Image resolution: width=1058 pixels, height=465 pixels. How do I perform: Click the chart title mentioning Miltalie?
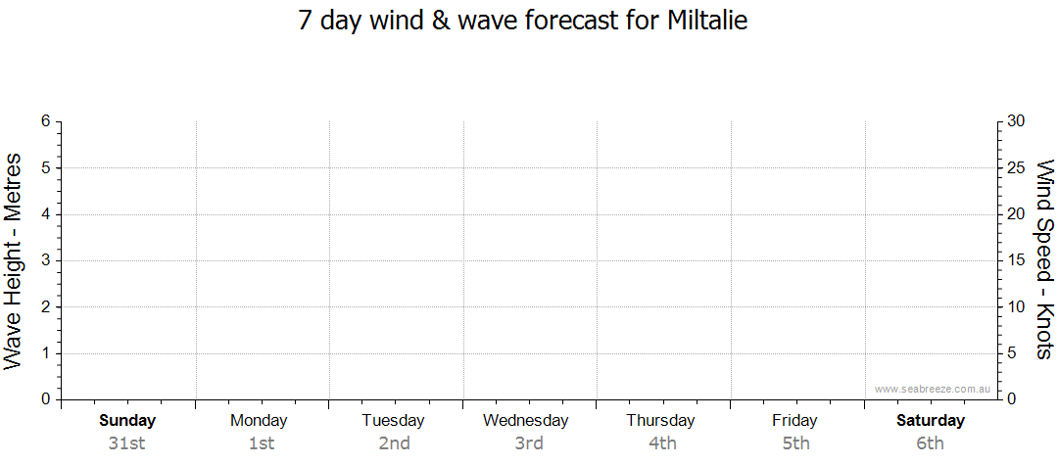(x=523, y=22)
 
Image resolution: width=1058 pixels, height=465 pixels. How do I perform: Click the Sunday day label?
(x=127, y=421)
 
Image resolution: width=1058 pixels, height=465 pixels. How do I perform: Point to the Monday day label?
(x=259, y=421)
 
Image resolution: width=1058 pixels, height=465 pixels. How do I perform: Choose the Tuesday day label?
(x=393, y=421)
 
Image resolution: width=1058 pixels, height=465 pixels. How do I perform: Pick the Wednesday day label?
(x=526, y=421)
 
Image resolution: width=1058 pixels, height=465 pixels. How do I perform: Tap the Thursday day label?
(x=660, y=421)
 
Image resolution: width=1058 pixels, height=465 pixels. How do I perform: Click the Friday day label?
(x=794, y=421)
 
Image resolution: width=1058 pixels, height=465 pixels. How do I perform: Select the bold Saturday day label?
(x=931, y=421)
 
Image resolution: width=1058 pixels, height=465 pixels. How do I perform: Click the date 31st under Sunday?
(x=126, y=443)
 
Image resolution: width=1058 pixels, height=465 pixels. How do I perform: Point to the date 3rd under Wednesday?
(x=529, y=443)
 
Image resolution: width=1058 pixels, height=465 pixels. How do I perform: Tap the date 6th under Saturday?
(x=931, y=443)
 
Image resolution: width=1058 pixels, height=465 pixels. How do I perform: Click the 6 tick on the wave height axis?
(x=46, y=121)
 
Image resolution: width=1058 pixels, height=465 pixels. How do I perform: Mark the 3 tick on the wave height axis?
(x=46, y=260)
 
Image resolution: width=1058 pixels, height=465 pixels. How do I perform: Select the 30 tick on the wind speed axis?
(x=1016, y=121)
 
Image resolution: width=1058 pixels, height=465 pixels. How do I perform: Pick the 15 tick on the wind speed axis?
(x=1016, y=260)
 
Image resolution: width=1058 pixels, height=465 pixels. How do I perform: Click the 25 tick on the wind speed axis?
(x=1016, y=167)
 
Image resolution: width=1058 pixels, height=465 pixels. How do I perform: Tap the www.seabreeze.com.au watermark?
(x=932, y=389)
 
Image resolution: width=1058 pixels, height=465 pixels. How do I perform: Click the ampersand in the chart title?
(x=441, y=22)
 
